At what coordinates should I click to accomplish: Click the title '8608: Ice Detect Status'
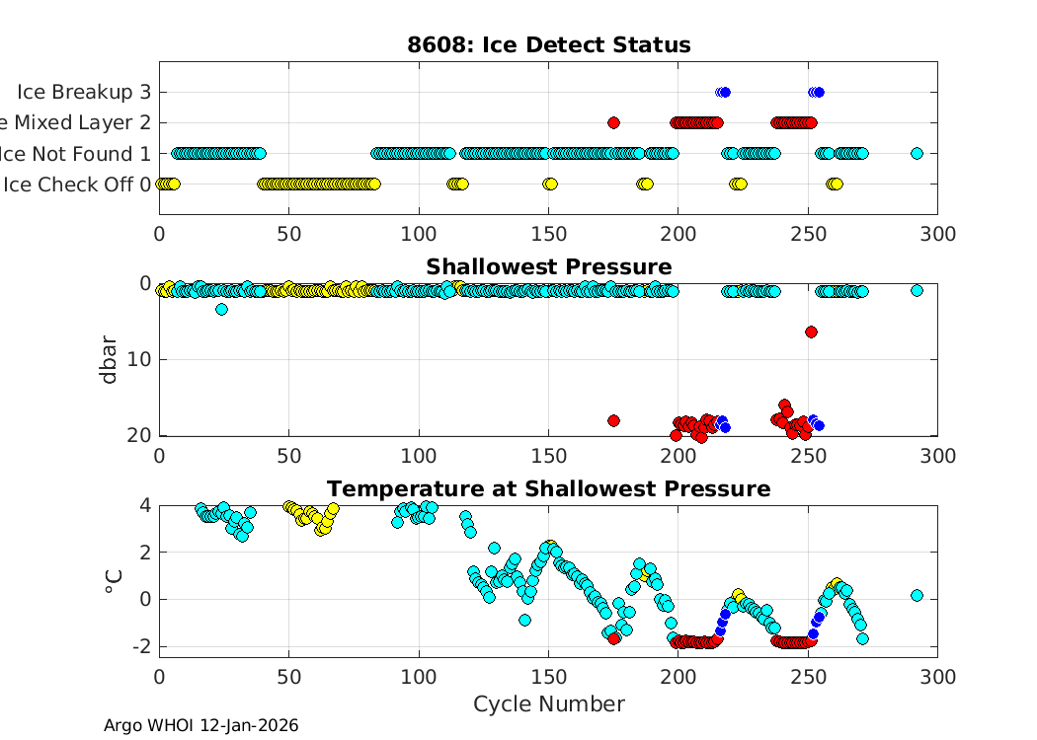[x=548, y=45]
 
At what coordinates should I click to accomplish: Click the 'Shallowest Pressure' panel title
[x=548, y=267]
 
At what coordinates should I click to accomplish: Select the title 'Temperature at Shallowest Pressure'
[x=548, y=489]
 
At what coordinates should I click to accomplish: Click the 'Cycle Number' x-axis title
[x=548, y=703]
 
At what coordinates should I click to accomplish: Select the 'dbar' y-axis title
[x=111, y=360]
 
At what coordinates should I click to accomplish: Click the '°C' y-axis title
[x=111, y=581]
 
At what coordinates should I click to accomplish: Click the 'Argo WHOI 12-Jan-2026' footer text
[x=200, y=725]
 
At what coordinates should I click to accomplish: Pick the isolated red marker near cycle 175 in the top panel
[x=613, y=122]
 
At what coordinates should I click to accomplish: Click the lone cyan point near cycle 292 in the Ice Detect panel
[x=917, y=153]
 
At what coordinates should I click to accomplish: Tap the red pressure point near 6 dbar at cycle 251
[x=811, y=332]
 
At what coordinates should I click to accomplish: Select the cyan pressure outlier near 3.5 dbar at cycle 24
[x=221, y=309]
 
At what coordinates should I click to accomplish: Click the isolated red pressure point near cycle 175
[x=613, y=420]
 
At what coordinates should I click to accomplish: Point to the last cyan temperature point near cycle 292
[x=917, y=595]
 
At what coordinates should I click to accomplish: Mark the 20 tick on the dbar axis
[x=139, y=435]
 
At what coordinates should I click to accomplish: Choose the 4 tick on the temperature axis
[x=144, y=504]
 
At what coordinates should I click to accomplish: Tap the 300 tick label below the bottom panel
[x=936, y=676]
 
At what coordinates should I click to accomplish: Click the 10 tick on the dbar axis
[x=139, y=359]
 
